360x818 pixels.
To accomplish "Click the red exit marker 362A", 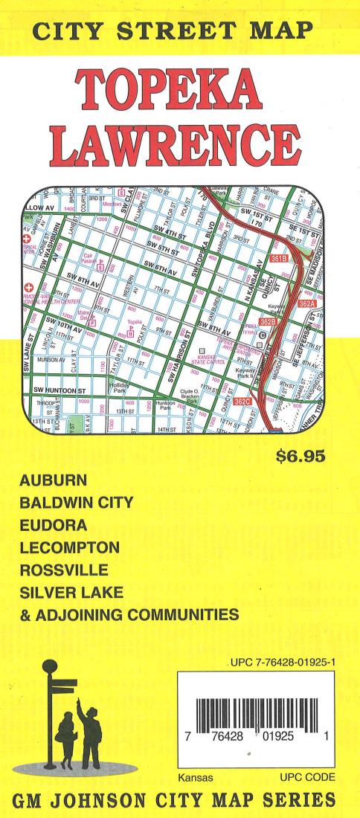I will pos(306,304).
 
